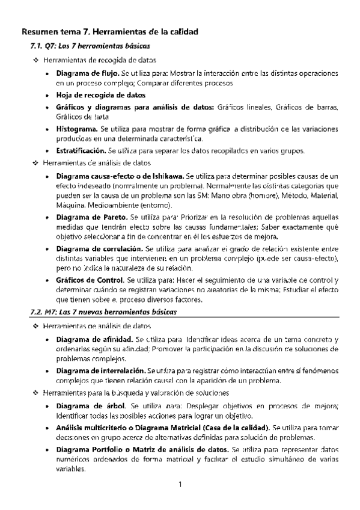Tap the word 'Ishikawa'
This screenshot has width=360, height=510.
click(x=167, y=176)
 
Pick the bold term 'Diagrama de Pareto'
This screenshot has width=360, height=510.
click(x=90, y=215)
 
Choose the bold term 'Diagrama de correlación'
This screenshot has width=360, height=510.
click(x=98, y=248)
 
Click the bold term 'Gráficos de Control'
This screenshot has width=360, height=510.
click(x=89, y=281)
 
